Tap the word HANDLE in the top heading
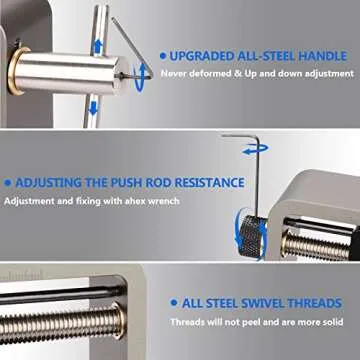327,55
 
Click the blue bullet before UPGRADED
163,55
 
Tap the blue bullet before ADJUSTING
7,183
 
